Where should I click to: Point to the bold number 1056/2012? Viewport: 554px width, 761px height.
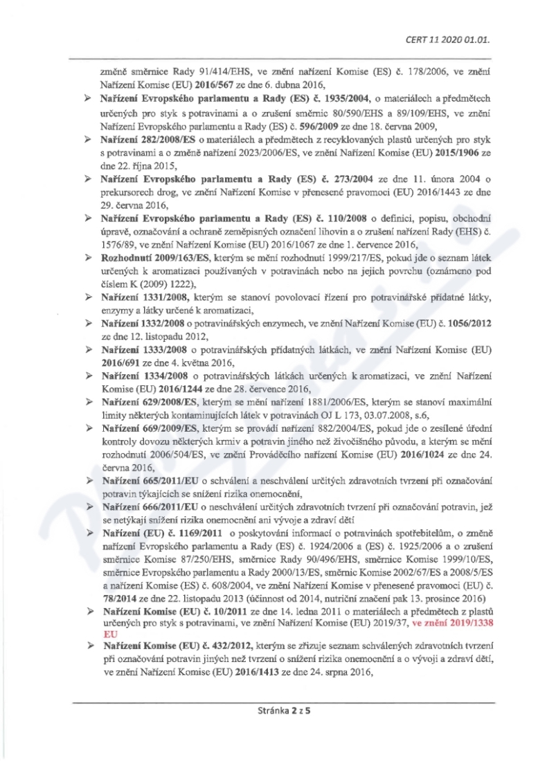[468, 323]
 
